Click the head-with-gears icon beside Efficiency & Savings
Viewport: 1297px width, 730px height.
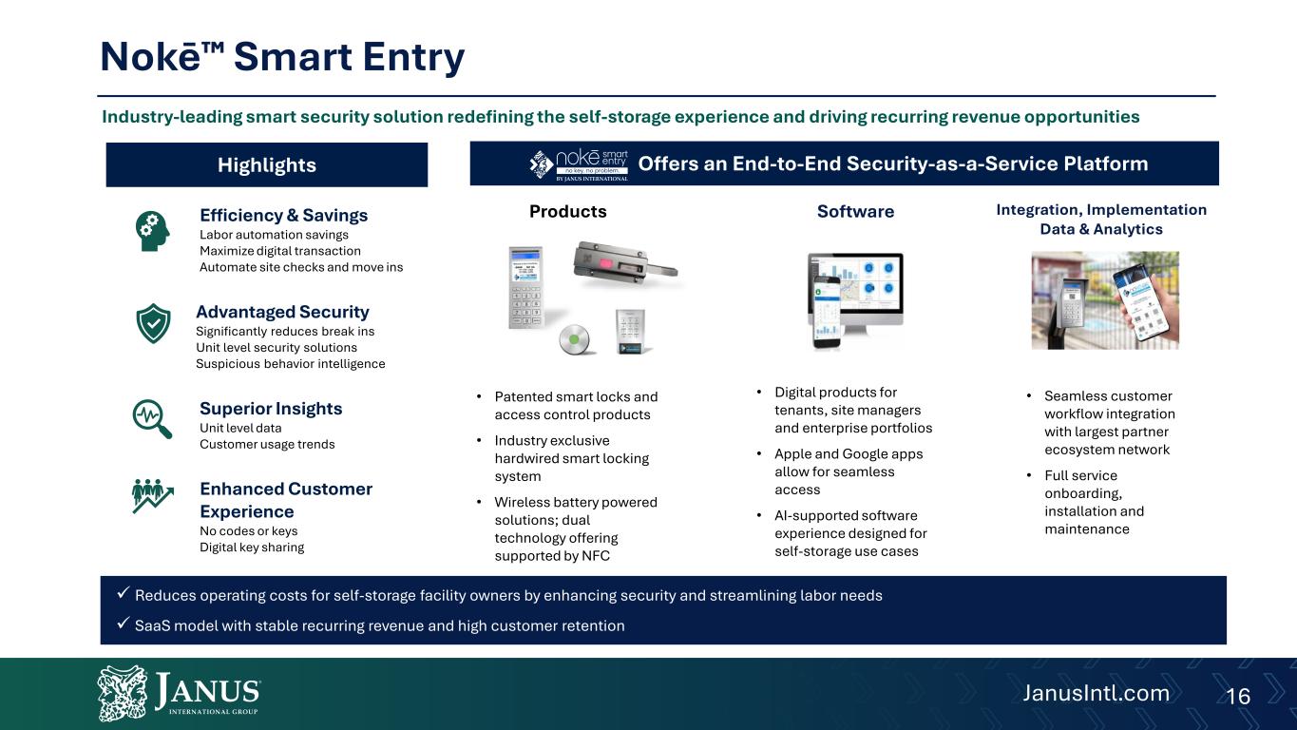[152, 231]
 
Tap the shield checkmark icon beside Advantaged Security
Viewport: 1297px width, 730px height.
[153, 323]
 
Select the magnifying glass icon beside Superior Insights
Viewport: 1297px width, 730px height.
[152, 418]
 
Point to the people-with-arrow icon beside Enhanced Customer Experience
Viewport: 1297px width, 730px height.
[152, 496]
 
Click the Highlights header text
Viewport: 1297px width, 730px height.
[267, 165]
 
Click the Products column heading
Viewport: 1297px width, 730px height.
[568, 211]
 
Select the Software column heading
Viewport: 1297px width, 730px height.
[855, 211]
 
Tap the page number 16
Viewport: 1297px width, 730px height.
[1238, 696]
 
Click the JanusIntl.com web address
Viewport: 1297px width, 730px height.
[1096, 693]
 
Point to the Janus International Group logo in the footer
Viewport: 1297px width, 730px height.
[179, 692]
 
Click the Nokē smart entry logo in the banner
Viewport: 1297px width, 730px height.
[579, 164]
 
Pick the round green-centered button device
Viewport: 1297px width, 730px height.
[574, 339]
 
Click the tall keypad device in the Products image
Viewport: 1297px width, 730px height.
[525, 288]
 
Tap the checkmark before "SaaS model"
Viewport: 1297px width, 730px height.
[123, 624]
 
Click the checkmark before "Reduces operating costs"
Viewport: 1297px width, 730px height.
[123, 593]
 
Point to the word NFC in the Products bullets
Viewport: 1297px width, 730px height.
[596, 556]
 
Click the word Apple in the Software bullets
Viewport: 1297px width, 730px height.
[793, 454]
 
